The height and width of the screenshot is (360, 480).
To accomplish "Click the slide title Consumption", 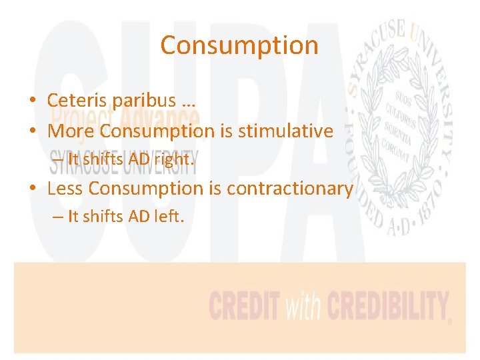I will coord(239,45).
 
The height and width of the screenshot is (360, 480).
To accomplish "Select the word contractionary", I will coord(290,189).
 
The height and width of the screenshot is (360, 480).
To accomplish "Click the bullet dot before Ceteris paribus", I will coord(33,101).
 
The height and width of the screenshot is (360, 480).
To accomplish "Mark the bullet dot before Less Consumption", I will coord(33,189).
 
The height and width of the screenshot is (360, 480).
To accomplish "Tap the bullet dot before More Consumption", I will coord(33,132).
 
